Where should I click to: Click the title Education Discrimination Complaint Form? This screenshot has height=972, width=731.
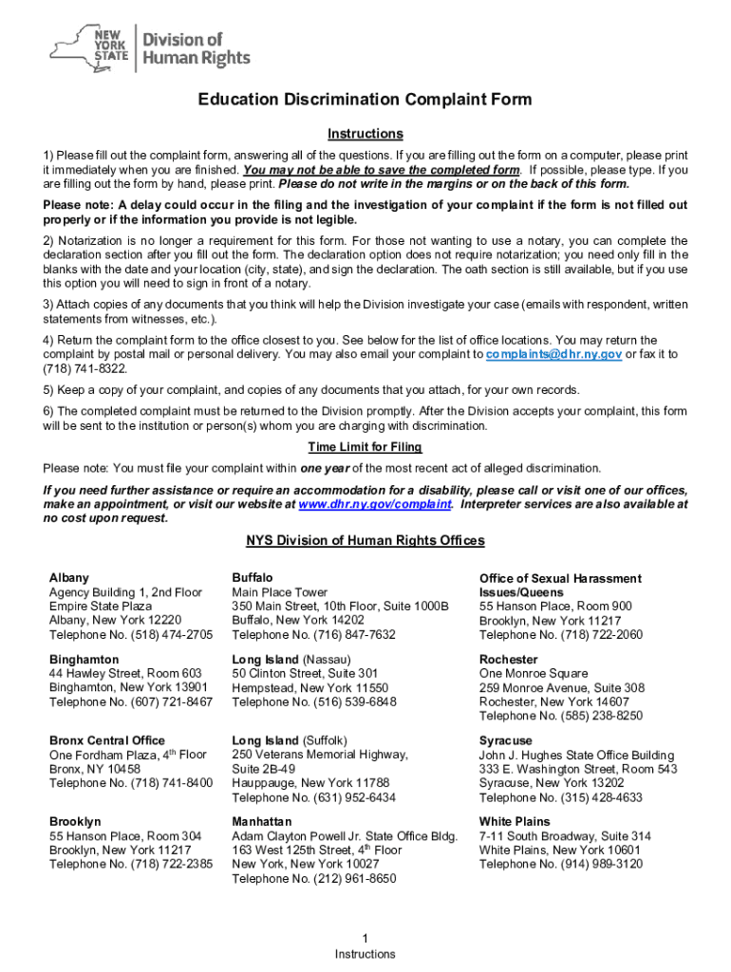(365, 101)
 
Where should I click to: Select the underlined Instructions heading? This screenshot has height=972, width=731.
(365, 134)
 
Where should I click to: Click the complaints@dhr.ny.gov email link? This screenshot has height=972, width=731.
(553, 354)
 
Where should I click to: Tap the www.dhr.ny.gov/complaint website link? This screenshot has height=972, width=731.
(374, 504)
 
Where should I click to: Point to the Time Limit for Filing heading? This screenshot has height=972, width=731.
(365, 447)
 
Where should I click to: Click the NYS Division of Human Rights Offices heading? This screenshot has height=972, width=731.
(365, 541)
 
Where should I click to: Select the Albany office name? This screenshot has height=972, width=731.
(69, 578)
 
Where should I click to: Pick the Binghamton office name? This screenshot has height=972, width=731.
(84, 659)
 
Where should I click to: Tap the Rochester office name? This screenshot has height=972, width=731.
(508, 659)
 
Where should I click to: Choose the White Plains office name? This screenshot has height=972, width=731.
(514, 821)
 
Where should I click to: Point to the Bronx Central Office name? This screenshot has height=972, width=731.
(106, 740)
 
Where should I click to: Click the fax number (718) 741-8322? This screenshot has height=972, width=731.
(84, 368)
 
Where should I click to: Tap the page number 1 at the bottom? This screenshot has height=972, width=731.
(365, 939)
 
